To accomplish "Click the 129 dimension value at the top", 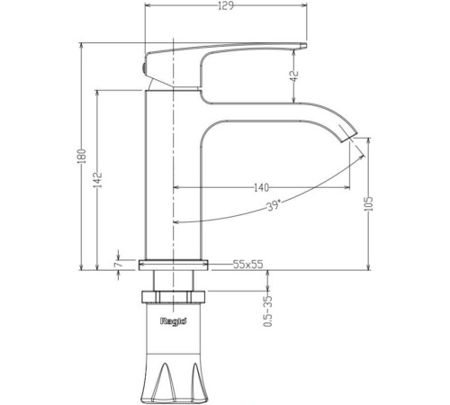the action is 226,5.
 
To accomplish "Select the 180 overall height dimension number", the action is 82,156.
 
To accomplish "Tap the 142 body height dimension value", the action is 98,180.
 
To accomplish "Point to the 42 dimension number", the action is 295,76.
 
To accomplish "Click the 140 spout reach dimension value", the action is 261,188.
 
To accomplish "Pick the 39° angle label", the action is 274,205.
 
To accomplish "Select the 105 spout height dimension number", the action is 368,203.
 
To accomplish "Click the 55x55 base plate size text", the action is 247,265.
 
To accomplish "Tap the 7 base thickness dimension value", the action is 118,265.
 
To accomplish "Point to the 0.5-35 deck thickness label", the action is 268,311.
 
